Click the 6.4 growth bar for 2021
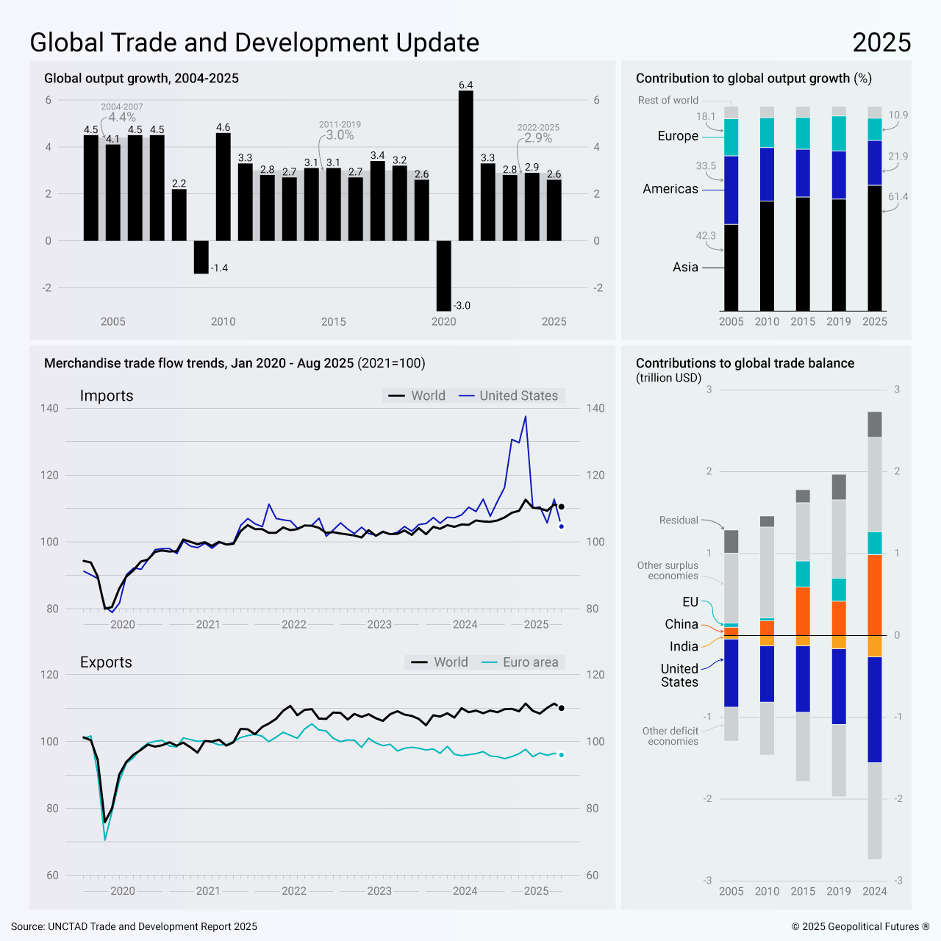point(465,165)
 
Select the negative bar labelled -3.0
point(443,276)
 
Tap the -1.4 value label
point(220,268)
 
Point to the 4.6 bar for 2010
point(223,187)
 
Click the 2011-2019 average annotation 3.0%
point(340,135)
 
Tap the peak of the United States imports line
point(525,417)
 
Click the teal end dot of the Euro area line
point(562,755)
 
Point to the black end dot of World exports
point(562,708)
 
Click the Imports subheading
point(107,396)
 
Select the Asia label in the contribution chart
point(685,268)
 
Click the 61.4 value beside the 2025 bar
point(898,197)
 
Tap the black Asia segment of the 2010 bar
point(767,256)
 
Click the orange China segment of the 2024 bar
point(875,595)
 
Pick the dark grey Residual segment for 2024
point(875,424)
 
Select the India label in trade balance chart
point(684,646)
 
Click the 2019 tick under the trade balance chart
point(839,891)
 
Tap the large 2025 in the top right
point(881,43)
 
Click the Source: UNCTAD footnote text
point(135,926)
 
